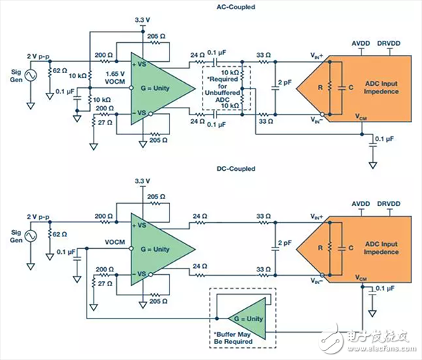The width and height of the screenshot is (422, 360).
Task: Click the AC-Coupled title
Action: tap(236, 7)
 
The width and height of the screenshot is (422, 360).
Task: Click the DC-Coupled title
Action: tap(236, 169)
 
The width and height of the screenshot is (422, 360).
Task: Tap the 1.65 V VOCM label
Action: tap(115, 78)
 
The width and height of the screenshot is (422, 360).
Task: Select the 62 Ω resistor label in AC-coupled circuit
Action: tap(60, 70)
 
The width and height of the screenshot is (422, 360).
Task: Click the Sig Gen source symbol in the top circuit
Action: tap(31, 76)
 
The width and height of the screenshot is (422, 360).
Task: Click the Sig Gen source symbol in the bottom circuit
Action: tap(31, 236)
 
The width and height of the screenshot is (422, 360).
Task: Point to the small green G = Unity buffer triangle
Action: tap(248, 319)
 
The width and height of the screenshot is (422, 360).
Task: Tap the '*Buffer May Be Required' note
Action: tap(233, 338)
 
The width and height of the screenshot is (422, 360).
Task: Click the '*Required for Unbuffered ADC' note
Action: tap(222, 89)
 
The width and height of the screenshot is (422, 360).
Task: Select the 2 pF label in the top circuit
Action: tap(285, 82)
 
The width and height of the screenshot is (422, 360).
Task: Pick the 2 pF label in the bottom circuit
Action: tap(285, 243)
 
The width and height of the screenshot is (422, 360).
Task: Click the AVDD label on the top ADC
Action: tap(361, 44)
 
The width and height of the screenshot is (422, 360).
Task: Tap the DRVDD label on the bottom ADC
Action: tap(389, 204)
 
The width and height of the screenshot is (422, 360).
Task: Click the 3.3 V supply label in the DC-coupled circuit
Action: tap(142, 181)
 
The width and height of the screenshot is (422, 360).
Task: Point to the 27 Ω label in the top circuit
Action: tap(105, 122)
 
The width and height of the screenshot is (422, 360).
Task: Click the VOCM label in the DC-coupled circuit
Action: tap(115, 242)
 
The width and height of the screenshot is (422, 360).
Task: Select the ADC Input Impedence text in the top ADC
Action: tap(381, 87)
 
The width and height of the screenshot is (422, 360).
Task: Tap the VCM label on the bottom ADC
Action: tap(361, 278)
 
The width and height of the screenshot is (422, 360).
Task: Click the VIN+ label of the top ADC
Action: tap(316, 56)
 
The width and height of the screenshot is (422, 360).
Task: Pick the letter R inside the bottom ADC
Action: tap(320, 247)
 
